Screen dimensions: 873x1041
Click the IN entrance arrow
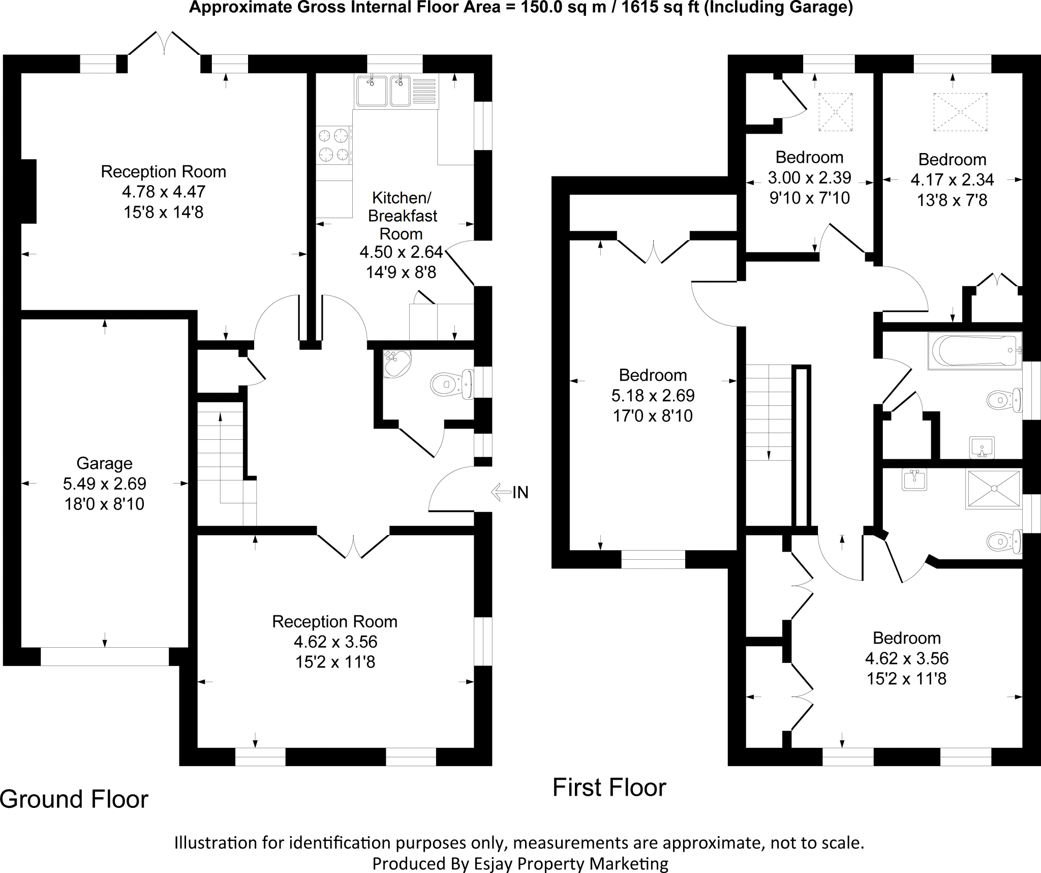[501, 492]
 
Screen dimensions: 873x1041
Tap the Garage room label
[104, 463]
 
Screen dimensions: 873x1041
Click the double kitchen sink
[383, 91]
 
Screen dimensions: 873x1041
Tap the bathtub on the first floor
[973, 350]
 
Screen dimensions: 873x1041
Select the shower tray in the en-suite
[993, 489]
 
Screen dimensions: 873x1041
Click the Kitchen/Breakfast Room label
[402, 216]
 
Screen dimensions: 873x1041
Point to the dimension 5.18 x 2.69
[653, 395]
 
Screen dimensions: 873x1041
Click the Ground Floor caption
[74, 799]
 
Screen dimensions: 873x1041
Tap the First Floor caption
[609, 788]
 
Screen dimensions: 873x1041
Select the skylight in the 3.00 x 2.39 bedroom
[835, 112]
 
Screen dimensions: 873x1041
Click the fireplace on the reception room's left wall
[28, 191]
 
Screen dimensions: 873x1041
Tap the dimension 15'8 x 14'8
[163, 212]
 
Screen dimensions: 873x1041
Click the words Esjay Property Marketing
[565, 863]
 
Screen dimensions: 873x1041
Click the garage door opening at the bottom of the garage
[104, 656]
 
